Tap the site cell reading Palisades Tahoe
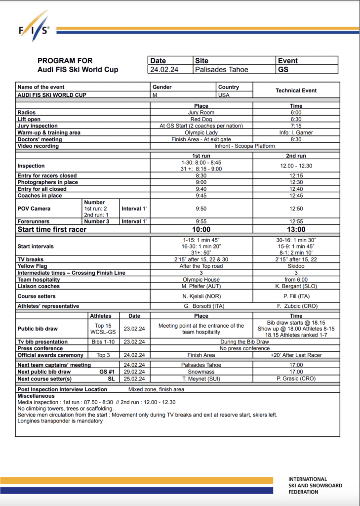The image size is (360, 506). coord(221,70)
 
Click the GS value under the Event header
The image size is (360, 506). coord(283,70)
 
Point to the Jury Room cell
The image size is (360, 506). coord(201,113)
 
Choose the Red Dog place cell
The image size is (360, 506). coord(201,119)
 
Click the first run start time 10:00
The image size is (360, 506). coord(201,229)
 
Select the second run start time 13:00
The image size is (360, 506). coord(296,229)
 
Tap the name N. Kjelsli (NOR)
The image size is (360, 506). coord(201,296)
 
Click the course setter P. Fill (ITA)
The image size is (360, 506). coord(296,296)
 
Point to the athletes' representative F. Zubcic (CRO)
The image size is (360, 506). coord(296,306)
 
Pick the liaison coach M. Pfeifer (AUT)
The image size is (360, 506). coord(201,286)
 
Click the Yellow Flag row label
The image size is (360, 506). coord(33,266)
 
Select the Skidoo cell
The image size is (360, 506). coord(296,266)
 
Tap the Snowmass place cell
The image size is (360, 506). coord(201,372)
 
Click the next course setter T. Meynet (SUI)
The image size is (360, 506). coord(201,379)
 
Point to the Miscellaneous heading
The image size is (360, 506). coord(37,396)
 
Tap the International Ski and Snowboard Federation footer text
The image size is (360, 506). coord(315,485)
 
